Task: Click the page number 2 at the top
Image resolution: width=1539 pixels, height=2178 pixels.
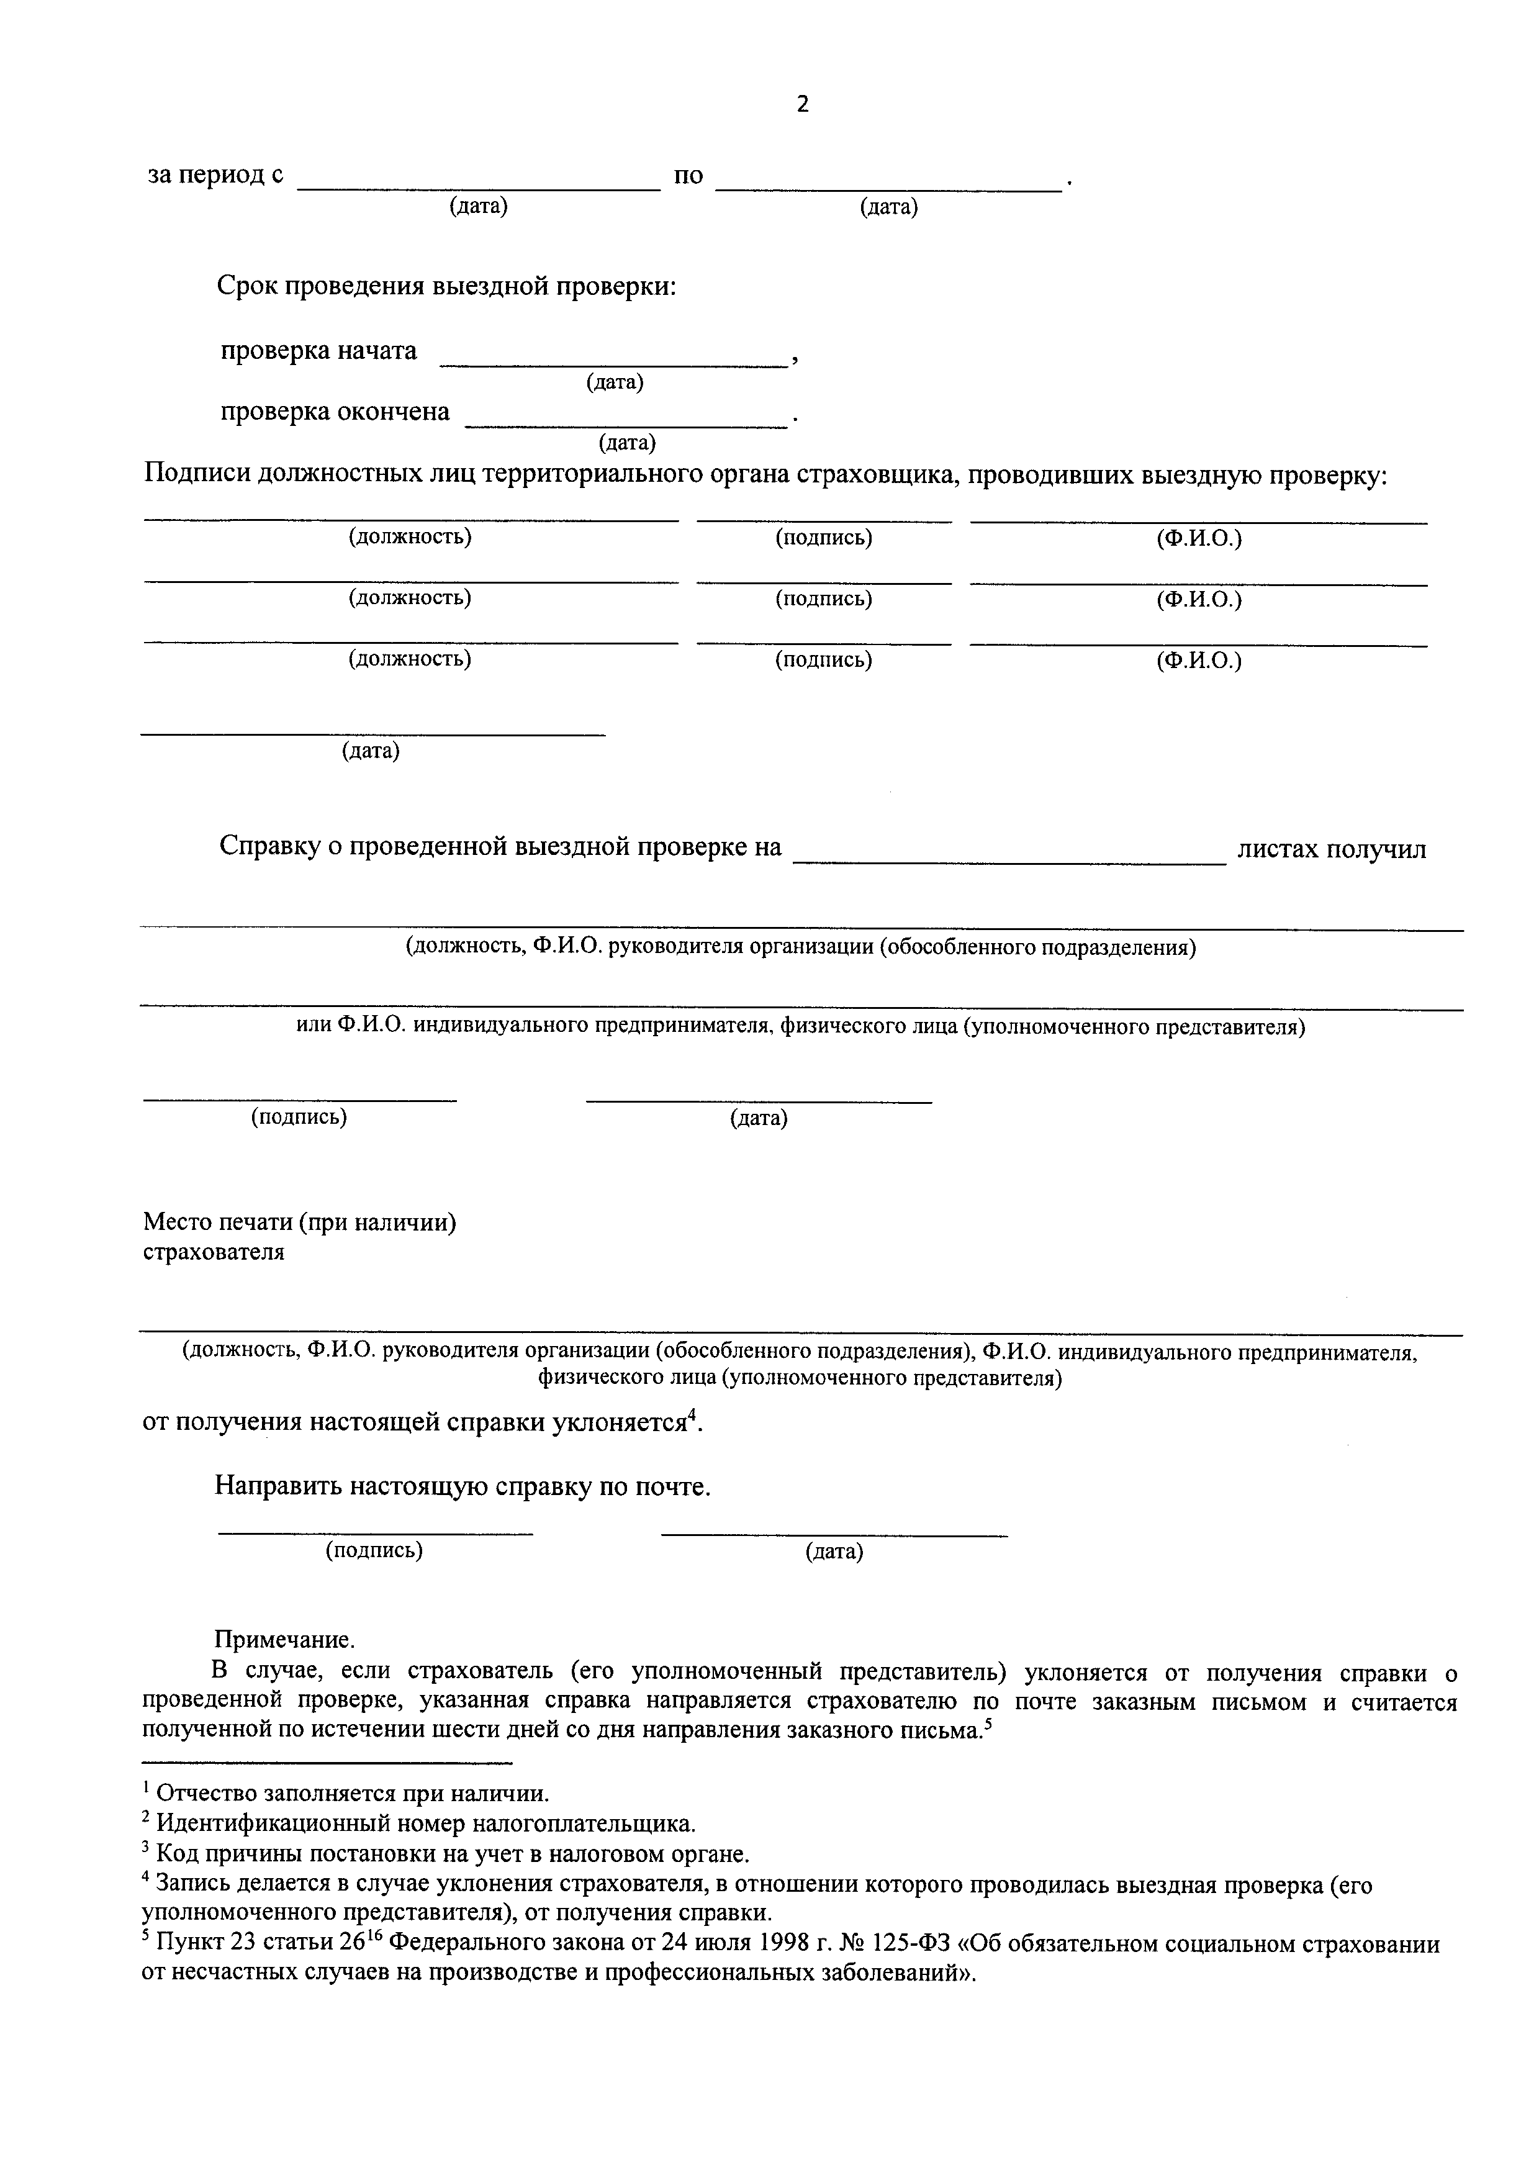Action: [802, 104]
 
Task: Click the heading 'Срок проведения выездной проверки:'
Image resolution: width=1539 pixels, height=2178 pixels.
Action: [446, 286]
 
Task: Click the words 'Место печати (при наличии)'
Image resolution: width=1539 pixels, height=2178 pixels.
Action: [300, 1222]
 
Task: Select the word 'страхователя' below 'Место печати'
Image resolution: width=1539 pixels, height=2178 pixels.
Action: [214, 1252]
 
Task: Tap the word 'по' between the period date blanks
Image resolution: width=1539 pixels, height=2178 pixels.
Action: [688, 176]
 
